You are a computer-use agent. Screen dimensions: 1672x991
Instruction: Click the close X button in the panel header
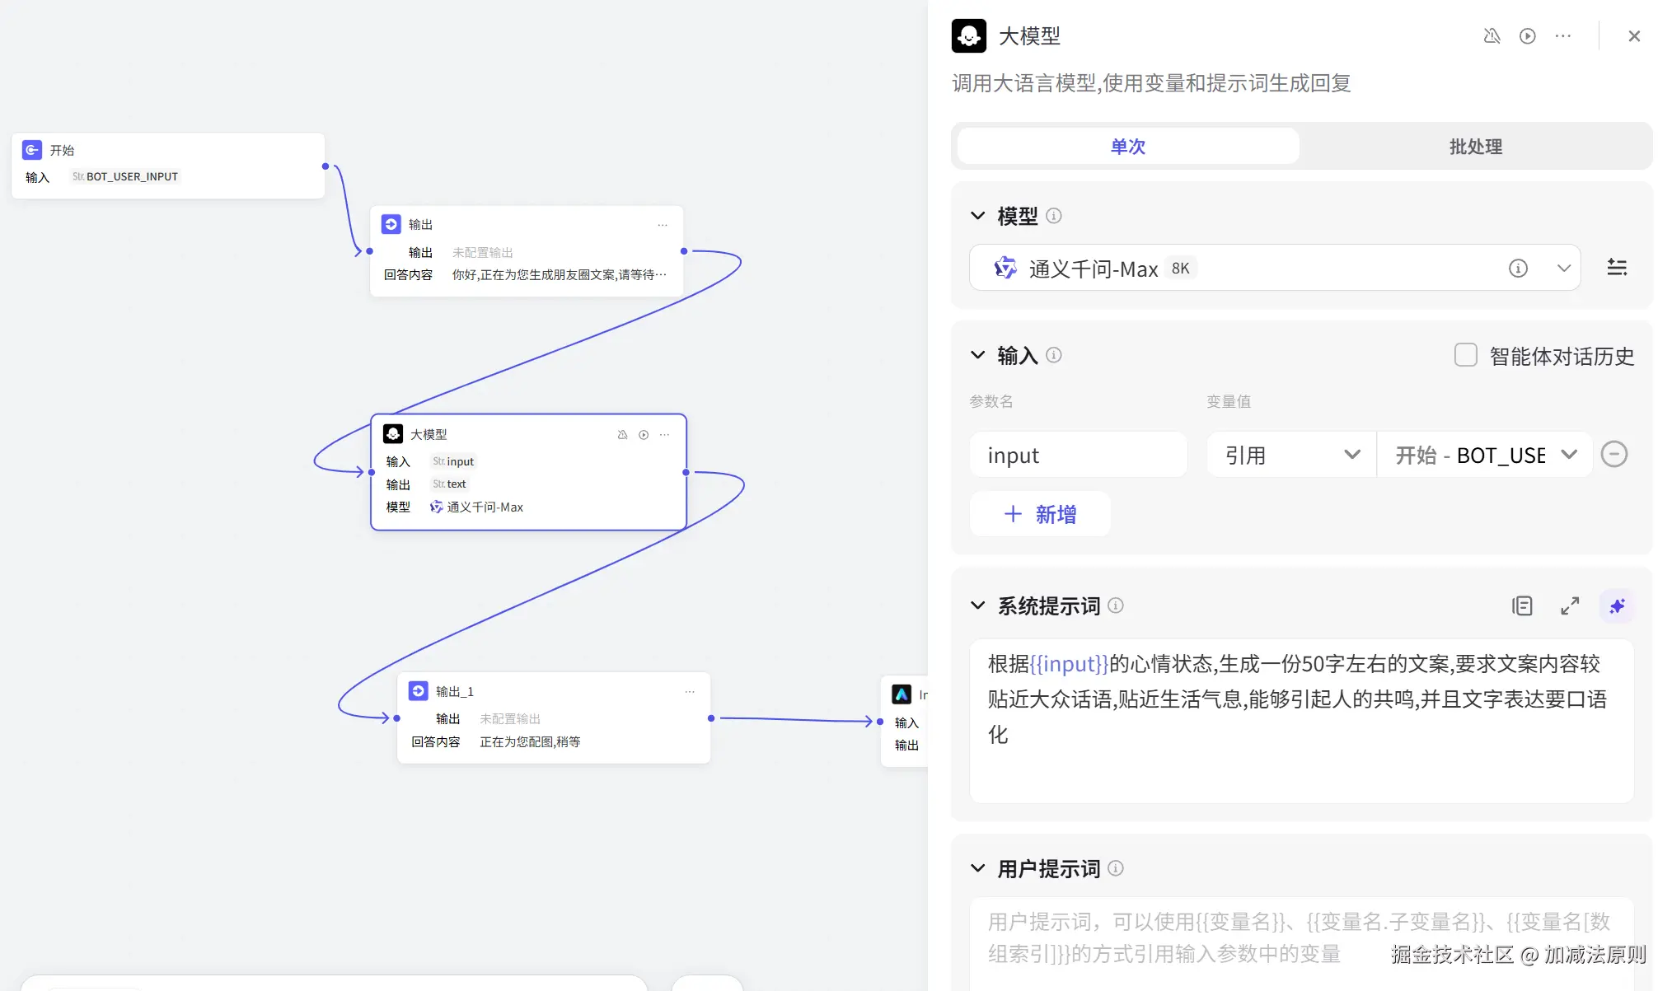point(1634,36)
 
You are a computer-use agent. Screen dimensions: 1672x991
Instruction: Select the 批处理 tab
point(1475,147)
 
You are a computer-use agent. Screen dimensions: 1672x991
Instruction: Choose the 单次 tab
point(1128,147)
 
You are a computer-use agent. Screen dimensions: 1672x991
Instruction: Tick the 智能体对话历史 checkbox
point(1465,355)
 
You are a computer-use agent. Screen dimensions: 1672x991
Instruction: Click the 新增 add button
point(1040,514)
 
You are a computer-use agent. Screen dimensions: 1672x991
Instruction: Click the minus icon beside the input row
point(1613,454)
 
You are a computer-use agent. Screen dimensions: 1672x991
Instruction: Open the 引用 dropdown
point(1290,455)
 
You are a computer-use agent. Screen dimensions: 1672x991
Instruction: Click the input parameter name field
point(1078,455)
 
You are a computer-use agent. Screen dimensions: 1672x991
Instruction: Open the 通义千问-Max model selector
point(1274,268)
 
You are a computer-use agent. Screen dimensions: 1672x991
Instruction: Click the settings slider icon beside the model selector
point(1617,268)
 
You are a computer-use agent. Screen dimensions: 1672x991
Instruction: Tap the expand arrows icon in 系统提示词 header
point(1570,606)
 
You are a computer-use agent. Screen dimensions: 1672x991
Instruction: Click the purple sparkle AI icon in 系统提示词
point(1617,606)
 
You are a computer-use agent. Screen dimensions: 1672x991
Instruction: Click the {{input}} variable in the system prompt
point(1069,664)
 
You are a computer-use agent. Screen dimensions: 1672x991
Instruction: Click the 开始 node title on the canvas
point(62,150)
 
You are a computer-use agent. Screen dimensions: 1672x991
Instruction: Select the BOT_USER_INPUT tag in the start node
point(132,176)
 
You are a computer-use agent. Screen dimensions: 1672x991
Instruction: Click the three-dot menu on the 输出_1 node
point(690,691)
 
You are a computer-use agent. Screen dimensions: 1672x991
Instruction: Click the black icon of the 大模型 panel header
point(969,36)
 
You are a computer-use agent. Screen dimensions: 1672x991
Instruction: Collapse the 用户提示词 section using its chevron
point(978,868)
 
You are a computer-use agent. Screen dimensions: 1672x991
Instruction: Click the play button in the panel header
point(1527,36)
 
